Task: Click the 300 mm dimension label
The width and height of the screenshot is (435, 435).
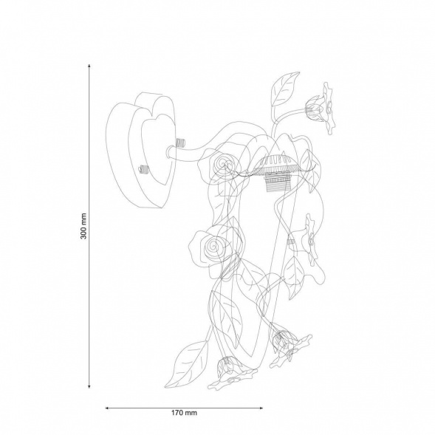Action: (x=83, y=226)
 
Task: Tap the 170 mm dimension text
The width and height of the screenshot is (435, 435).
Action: (x=184, y=413)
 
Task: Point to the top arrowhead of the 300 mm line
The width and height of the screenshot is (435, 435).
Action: (x=89, y=66)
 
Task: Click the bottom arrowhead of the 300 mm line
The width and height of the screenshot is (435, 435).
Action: (x=89, y=386)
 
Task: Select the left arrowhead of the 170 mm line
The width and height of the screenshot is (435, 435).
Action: (x=107, y=408)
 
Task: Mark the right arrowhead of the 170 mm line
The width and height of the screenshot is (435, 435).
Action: (x=261, y=408)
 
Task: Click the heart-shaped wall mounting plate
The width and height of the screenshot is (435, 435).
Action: (x=141, y=151)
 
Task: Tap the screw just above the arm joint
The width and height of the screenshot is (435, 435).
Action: (x=179, y=143)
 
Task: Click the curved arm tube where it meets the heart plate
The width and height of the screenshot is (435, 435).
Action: (x=171, y=154)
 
